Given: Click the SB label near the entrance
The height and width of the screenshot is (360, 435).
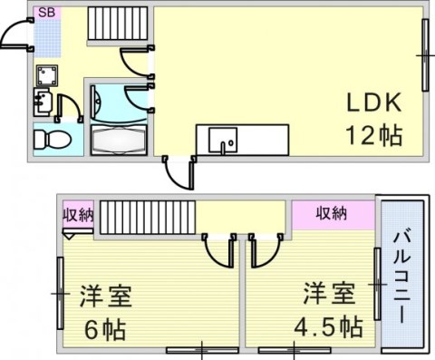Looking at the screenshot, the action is coord(47,13).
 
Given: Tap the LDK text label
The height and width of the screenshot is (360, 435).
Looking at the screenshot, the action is coord(374,102).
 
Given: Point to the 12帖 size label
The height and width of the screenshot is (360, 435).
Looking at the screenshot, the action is coord(374,135).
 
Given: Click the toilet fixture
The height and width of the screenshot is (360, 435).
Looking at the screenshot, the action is coord(52,140).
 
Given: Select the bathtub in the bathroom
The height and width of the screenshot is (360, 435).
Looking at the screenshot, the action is coord(119,140).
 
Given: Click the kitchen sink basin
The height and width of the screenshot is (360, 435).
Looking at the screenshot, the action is coord(223,140).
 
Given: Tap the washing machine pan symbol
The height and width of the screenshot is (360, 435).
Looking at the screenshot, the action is coord(47,75).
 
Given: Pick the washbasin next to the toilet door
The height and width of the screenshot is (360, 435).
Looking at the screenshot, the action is coord(43,102).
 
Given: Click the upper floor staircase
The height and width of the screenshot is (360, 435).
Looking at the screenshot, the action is coord(118,24).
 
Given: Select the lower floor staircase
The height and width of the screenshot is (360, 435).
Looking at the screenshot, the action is coord(148,217).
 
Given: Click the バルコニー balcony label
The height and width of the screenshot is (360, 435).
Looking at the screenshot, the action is coord(402,277).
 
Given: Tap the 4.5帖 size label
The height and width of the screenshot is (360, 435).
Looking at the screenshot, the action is coord(329,326).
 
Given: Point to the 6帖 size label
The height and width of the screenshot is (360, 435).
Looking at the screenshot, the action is coord(105,330).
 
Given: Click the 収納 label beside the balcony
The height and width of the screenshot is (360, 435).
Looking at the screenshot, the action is coord(332,213).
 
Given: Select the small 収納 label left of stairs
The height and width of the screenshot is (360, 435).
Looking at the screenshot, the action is coord(78,216).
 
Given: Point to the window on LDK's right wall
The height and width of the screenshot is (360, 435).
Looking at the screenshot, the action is coord(425,55).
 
